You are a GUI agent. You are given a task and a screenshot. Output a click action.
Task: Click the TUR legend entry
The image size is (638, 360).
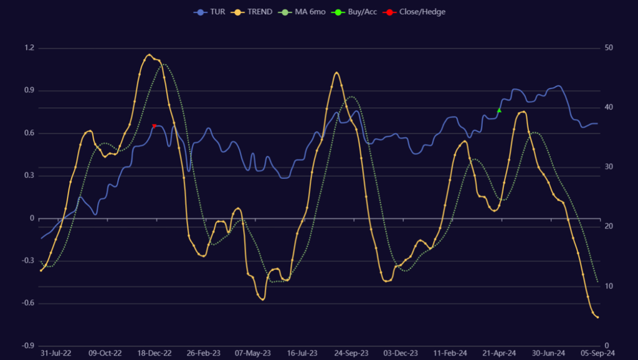(x=209, y=12)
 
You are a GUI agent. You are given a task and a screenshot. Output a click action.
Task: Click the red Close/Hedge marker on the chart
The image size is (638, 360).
(x=155, y=126)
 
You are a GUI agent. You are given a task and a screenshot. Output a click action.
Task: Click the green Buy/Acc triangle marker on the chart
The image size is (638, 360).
(x=499, y=110)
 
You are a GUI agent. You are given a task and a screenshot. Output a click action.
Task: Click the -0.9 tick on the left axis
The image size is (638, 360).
(x=28, y=346)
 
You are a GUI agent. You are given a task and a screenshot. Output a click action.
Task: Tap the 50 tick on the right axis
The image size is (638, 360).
(x=608, y=48)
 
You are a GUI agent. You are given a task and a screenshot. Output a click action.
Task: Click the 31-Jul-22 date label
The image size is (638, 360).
(x=56, y=353)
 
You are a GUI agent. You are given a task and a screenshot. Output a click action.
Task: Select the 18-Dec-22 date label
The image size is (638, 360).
(x=155, y=353)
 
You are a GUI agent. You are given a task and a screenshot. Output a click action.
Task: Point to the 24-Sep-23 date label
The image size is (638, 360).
(x=351, y=353)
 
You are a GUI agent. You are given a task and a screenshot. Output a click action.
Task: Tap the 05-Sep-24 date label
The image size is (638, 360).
(x=599, y=353)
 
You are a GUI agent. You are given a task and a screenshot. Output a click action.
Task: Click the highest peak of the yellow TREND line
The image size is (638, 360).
(x=149, y=55)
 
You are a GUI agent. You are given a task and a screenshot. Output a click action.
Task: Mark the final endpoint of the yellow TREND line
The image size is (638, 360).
(x=598, y=318)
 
